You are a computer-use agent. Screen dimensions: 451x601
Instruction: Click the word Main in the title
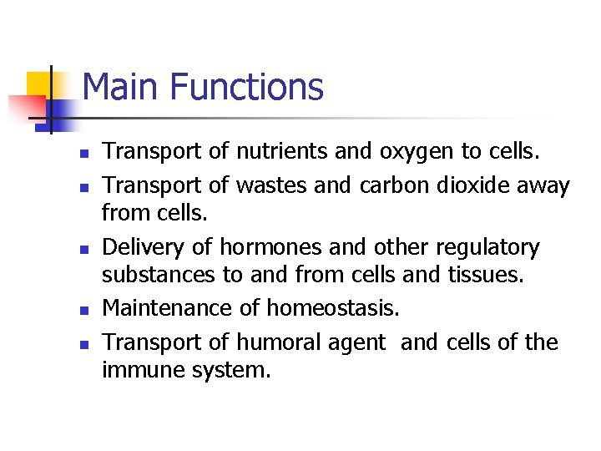click(117, 87)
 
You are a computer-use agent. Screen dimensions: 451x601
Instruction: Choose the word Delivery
click(143, 248)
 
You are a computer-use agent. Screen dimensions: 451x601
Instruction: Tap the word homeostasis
click(333, 308)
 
